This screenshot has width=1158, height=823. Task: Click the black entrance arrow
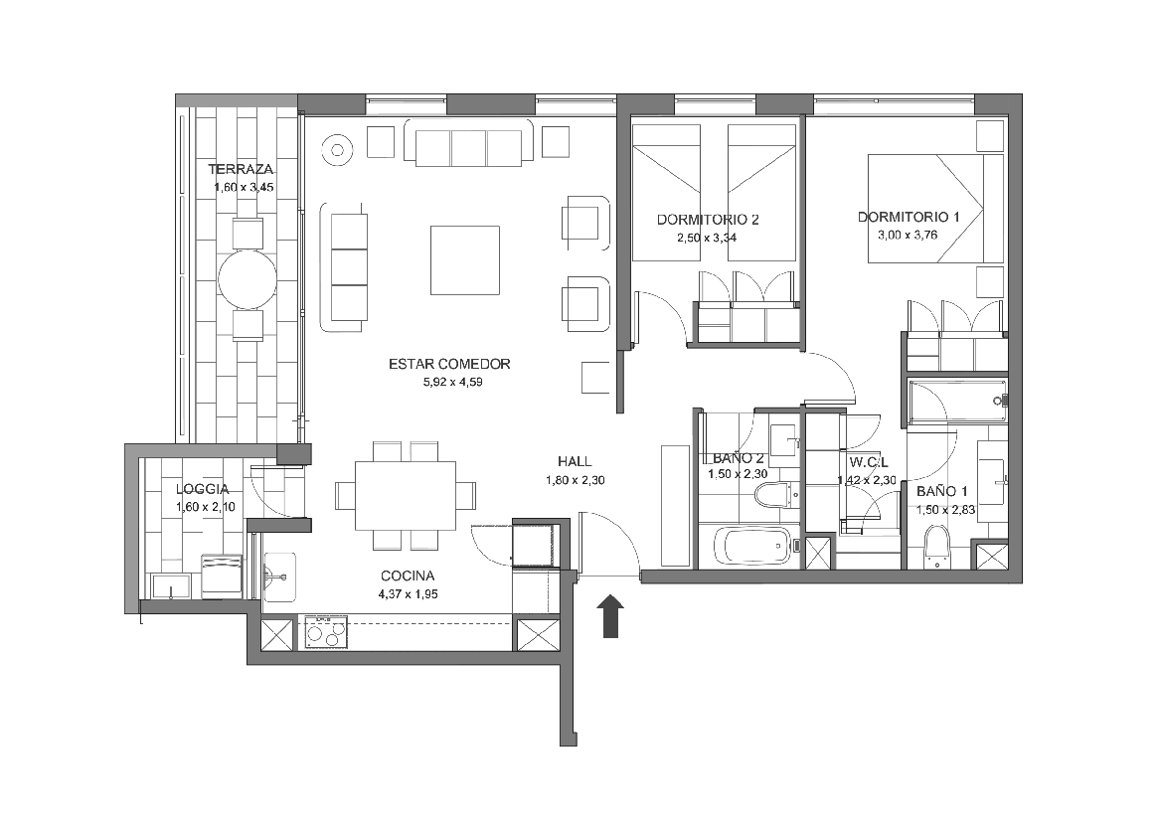pos(610,616)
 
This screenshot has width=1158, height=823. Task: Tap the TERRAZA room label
pos(241,169)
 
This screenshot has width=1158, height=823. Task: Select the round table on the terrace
pos(248,280)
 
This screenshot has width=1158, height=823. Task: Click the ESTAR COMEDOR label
pos(449,364)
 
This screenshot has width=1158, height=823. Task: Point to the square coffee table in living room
pos(465,260)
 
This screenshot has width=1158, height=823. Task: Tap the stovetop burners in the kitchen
pos(326,631)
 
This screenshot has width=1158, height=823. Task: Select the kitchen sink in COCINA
pos(280,576)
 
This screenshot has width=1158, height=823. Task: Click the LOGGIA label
pos(203,489)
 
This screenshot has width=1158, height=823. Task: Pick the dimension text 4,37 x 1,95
pos(408,594)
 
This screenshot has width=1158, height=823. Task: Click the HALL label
pos(575,462)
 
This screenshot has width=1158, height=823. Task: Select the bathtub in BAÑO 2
pos(754,547)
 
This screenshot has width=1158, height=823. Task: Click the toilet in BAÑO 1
pos(936,548)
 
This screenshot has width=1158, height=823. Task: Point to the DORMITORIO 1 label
pos(909,218)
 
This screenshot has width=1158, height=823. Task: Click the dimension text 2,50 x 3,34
pos(707,238)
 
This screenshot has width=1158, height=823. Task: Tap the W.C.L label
pos(869,462)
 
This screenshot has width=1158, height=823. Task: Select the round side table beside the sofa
pos(338,151)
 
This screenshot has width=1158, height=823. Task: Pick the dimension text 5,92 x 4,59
pos(452,382)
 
